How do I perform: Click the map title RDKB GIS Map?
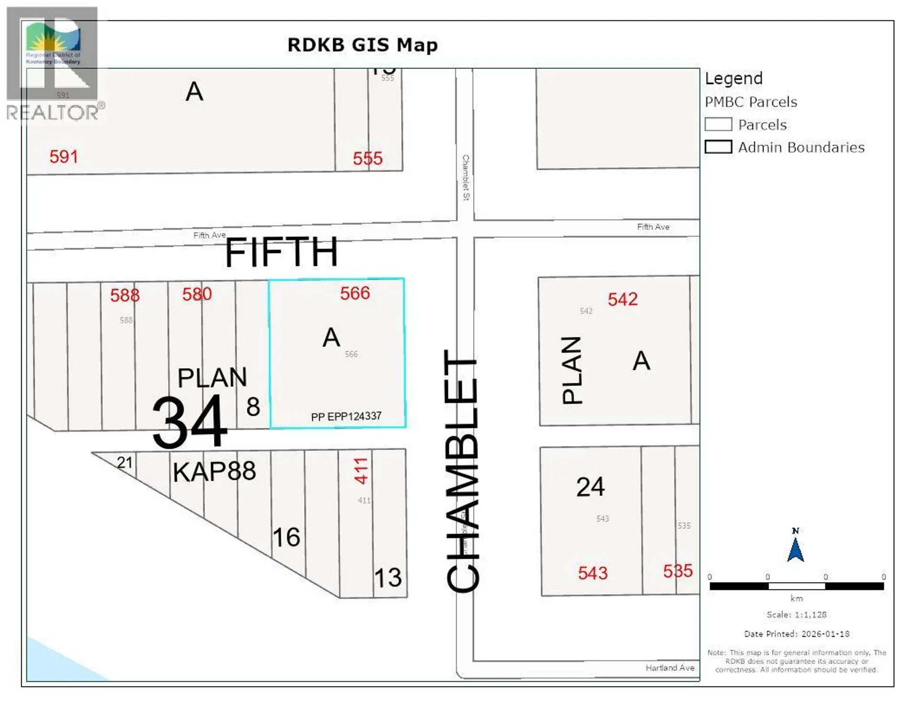[362, 45]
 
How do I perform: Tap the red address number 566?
[355, 293]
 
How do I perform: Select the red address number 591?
[63, 157]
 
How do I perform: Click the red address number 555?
[367, 158]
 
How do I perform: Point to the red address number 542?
[622, 299]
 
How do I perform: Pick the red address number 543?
[592, 573]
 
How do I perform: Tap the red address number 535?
[677, 571]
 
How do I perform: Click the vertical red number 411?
[361, 471]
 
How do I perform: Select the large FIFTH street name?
[281, 252]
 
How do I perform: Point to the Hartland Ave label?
[670, 668]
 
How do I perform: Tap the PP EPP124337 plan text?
[346, 416]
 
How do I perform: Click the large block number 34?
[190, 422]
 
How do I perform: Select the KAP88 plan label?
[214, 472]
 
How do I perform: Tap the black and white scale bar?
[796, 586]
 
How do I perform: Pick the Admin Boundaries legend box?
[718, 147]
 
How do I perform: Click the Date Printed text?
[796, 634]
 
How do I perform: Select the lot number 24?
[590, 487]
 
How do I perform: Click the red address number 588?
[125, 295]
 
